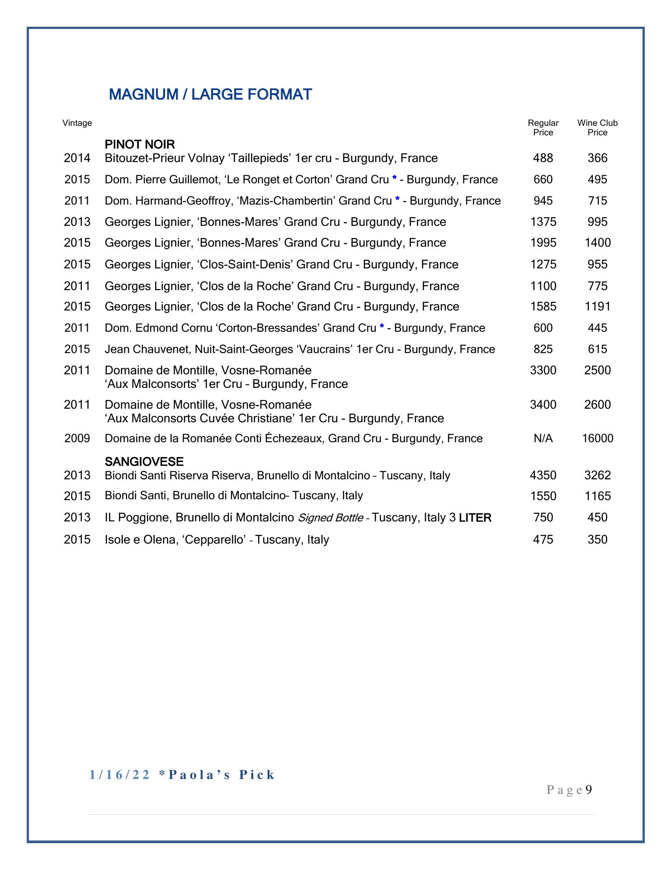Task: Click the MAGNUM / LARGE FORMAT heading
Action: pos(210,95)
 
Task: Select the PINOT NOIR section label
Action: pos(140,145)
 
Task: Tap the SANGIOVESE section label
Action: pos(144,462)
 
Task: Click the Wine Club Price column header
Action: pos(597,128)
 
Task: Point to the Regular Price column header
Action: pos(543,128)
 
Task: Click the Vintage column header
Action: pos(77,123)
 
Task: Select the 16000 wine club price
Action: pos(597,439)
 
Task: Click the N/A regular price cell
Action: pos(543,439)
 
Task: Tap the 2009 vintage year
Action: pos(77,439)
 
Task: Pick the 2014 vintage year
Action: pos(77,158)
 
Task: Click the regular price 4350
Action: pos(543,475)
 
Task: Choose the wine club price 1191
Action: pos(597,307)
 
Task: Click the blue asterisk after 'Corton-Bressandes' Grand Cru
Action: pos(382,327)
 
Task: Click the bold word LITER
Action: pos(475,518)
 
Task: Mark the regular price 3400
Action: pos(543,405)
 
